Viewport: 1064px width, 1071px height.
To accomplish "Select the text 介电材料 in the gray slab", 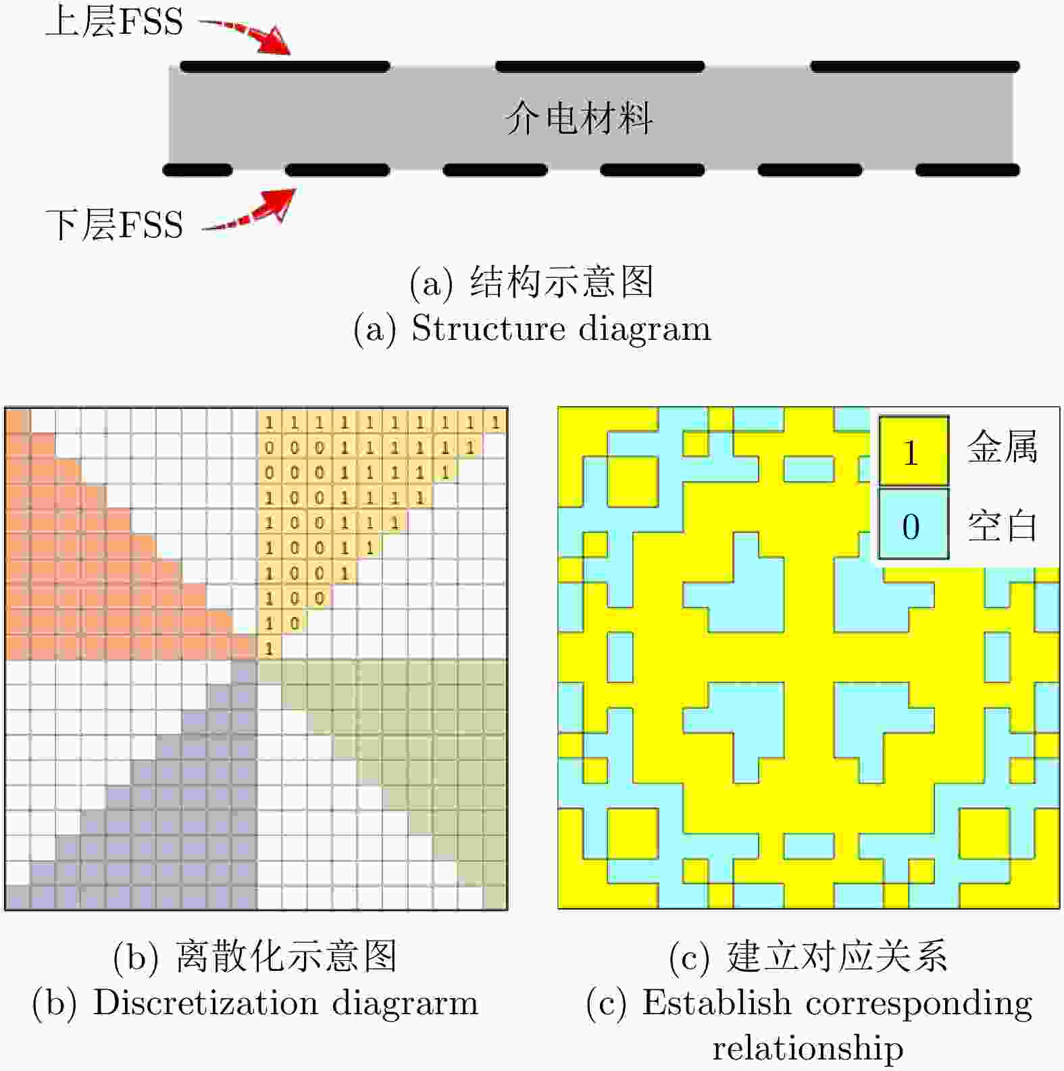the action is [579, 118].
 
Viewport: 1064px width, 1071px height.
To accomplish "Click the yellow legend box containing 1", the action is [913, 450].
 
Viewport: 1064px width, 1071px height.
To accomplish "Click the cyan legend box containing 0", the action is [913, 524].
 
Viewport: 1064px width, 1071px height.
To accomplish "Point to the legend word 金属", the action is [1002, 447].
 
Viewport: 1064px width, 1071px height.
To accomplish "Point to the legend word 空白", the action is [1002, 525].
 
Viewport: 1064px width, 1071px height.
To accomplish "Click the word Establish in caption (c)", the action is [717, 1002].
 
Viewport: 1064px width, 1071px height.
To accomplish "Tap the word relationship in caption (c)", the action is [808, 1048].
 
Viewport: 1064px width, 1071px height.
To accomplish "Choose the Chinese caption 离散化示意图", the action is [286, 956].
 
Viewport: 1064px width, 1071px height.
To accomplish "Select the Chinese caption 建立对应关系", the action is [837, 956].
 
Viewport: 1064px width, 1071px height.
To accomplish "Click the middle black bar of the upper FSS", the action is [600, 66].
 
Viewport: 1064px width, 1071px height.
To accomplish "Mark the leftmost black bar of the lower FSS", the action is [197, 170].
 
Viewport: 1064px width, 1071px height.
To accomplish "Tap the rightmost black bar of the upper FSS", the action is [915, 66].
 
